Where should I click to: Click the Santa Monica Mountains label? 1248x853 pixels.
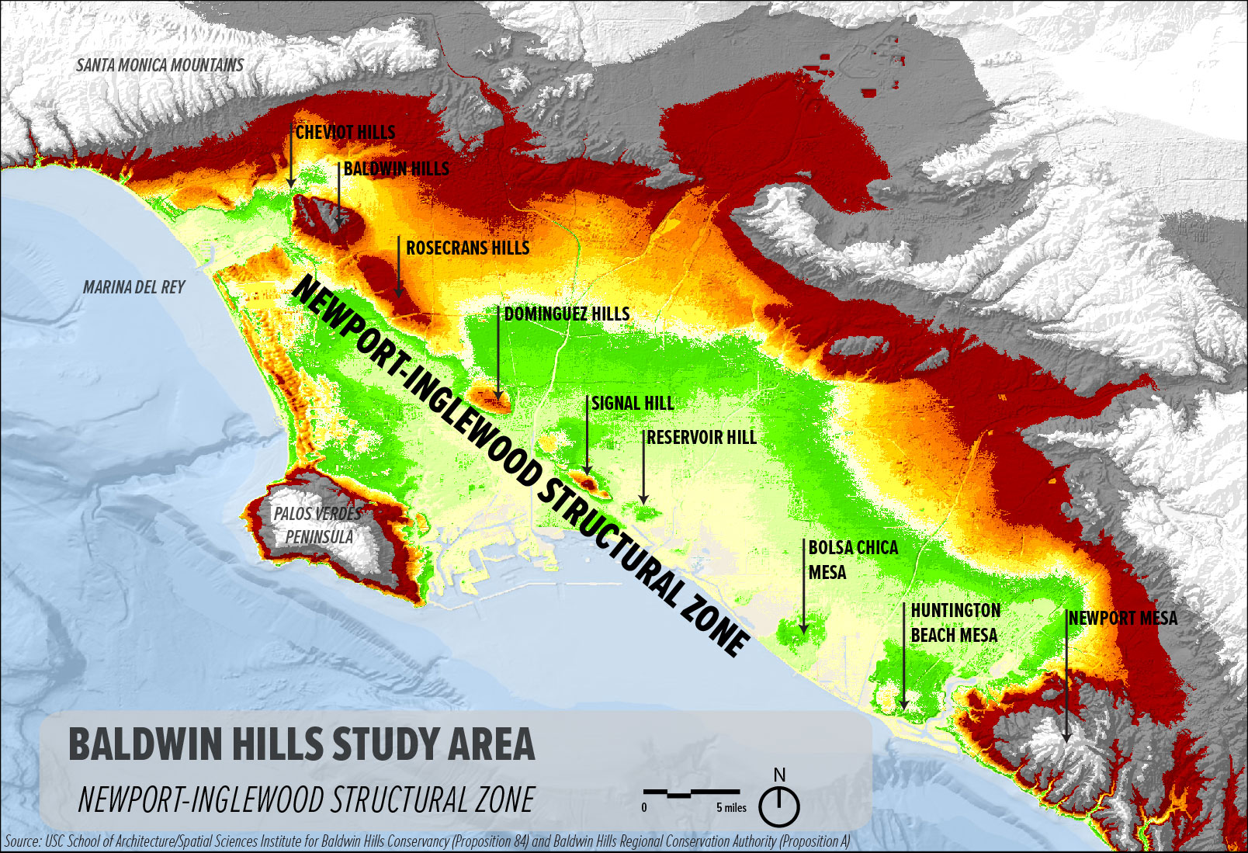pyautogui.click(x=160, y=65)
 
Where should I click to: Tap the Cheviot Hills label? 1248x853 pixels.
pyautogui.click(x=345, y=133)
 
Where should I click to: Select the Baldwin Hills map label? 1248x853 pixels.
pyautogui.click(x=396, y=169)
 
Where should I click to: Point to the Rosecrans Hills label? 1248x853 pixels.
pyautogui.click(x=467, y=248)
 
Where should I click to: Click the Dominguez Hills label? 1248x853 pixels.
pyautogui.click(x=567, y=314)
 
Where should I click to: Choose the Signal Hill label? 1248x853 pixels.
pyautogui.click(x=633, y=404)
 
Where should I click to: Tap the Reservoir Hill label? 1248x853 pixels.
pyautogui.click(x=701, y=438)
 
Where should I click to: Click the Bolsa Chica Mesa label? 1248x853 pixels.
pyautogui.click(x=852, y=560)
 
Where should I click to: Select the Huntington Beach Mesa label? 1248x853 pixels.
pyautogui.click(x=955, y=623)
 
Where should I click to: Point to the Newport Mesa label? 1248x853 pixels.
pyautogui.click(x=1123, y=619)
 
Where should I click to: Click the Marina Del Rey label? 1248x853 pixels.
pyautogui.click(x=133, y=288)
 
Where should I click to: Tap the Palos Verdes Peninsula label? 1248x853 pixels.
pyautogui.click(x=318, y=525)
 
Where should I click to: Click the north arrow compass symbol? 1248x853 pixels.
pyautogui.click(x=779, y=805)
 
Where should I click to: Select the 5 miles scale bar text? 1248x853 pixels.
pyautogui.click(x=731, y=808)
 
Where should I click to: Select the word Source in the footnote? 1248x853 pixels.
pyautogui.click(x=22, y=841)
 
